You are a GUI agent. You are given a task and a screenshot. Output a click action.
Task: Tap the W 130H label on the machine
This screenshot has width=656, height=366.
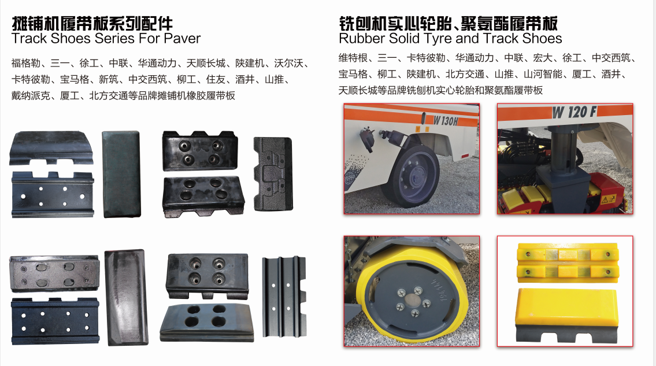(445, 121)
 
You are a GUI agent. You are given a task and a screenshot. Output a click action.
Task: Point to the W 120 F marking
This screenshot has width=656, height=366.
(573, 112)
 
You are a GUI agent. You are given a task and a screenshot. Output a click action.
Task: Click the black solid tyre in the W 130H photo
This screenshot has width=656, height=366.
(412, 175)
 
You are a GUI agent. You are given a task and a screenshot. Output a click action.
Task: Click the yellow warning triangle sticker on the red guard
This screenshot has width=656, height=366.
(607, 199)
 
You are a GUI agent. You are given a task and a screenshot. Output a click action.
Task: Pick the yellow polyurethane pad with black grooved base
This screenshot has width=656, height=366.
(567, 314)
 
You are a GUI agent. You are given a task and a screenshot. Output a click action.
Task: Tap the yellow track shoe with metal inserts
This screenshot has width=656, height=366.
(568, 263)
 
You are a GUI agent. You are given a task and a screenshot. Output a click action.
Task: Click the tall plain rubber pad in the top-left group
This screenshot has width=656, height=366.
(121, 174)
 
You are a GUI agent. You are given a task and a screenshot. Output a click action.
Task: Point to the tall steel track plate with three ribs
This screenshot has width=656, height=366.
(284, 297)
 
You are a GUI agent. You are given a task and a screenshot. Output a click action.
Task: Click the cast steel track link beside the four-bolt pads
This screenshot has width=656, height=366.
(273, 174)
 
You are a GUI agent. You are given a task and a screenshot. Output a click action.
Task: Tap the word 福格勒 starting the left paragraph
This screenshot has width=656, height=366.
(26, 63)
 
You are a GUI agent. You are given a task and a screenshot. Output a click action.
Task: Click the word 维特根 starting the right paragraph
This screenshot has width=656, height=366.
(353, 58)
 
